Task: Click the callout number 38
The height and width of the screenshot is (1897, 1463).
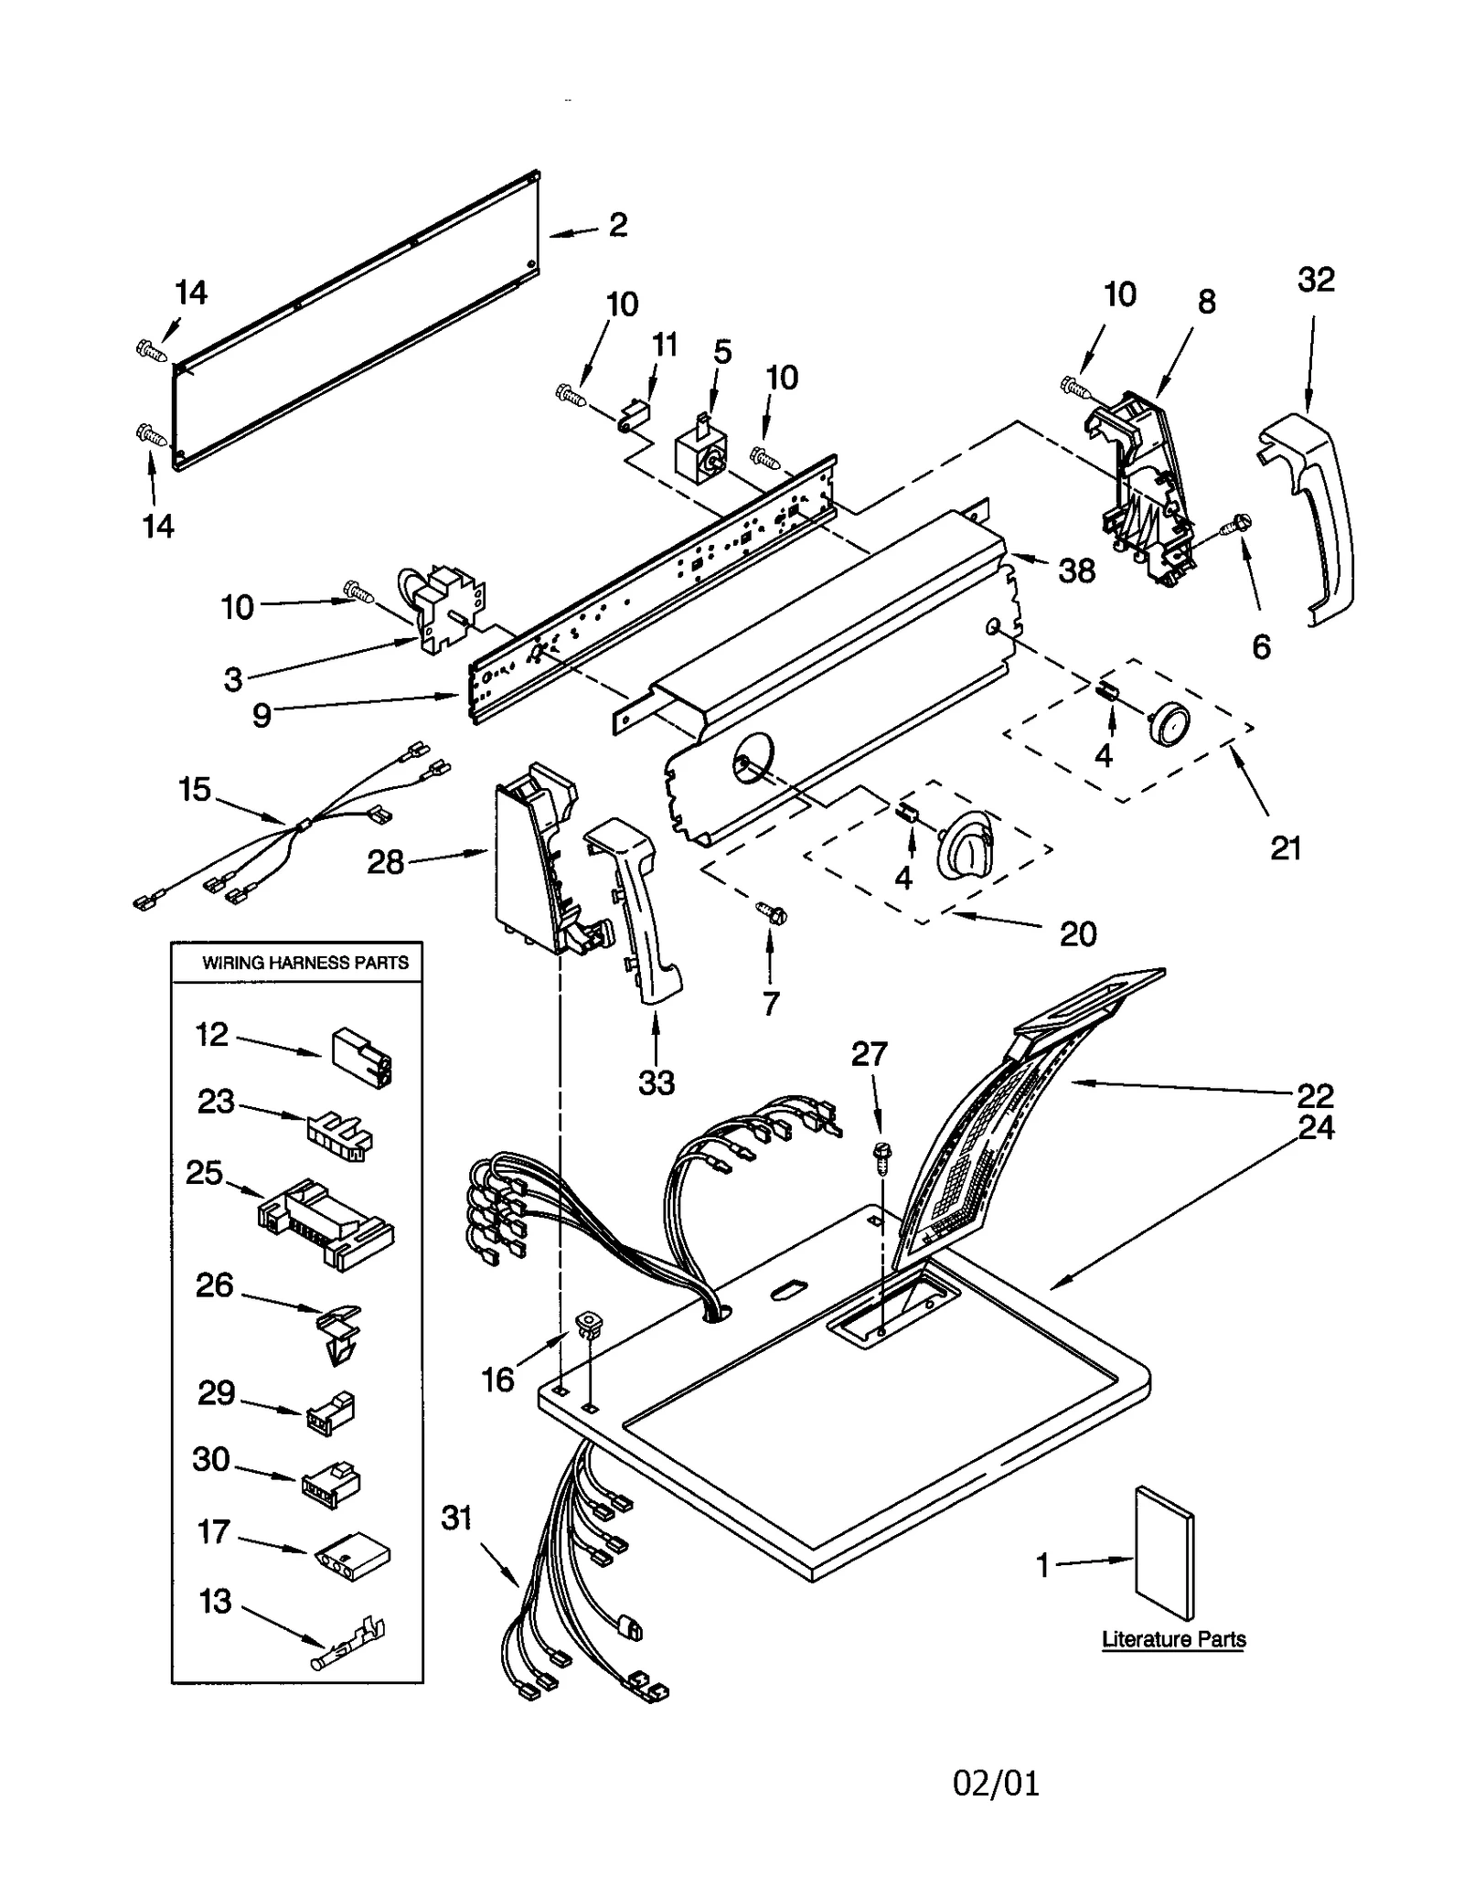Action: pyautogui.click(x=1076, y=570)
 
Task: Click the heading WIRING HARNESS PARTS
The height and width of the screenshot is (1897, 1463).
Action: pyautogui.click(x=304, y=962)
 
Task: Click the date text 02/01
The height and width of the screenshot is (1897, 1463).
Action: pyautogui.click(x=996, y=1783)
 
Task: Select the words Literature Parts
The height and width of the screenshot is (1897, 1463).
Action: pyautogui.click(x=1173, y=1639)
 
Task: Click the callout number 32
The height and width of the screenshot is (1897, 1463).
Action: pyautogui.click(x=1316, y=279)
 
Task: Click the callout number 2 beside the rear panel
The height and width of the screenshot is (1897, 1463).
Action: pyautogui.click(x=618, y=225)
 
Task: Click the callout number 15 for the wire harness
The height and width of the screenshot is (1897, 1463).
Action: pyautogui.click(x=195, y=789)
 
